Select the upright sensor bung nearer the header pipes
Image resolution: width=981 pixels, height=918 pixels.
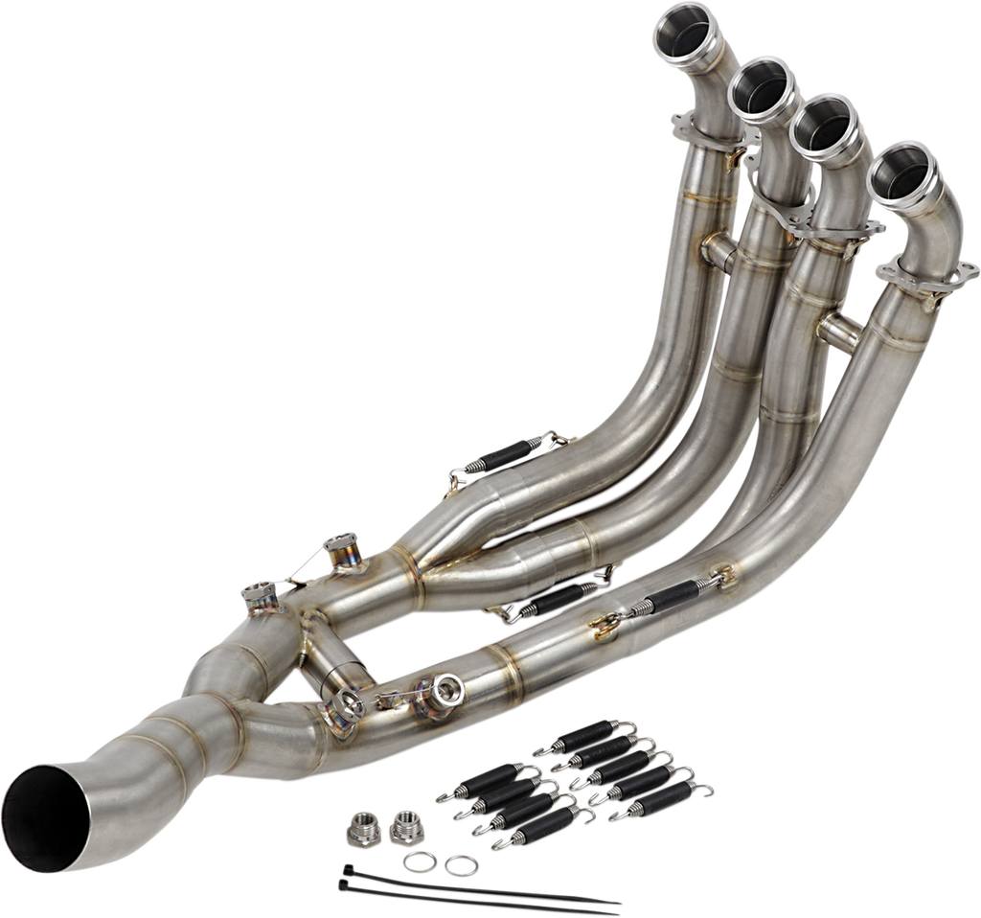click(x=338, y=552)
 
